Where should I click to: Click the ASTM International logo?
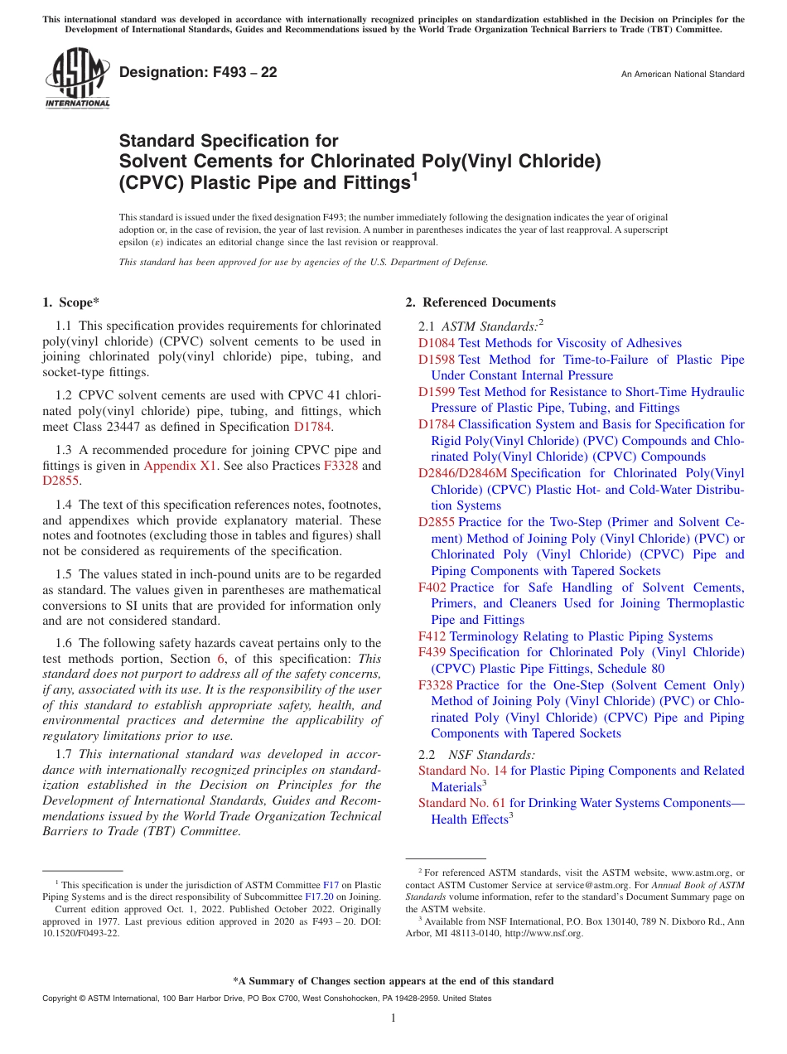(77, 79)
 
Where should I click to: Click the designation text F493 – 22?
(198, 72)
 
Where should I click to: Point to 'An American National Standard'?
(682, 75)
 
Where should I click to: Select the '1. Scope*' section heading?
(72, 302)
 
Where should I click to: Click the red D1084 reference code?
(437, 343)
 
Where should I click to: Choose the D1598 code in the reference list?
(437, 360)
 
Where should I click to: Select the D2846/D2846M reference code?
(462, 473)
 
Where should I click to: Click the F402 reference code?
(432, 587)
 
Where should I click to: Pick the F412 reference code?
(432, 636)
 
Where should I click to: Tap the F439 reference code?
(432, 652)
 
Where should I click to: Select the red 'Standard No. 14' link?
(462, 771)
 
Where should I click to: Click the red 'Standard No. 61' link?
(461, 803)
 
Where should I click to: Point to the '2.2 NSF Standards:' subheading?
(477, 755)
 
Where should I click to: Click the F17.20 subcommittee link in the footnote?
(319, 896)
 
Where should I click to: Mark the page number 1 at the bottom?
(393, 1018)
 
